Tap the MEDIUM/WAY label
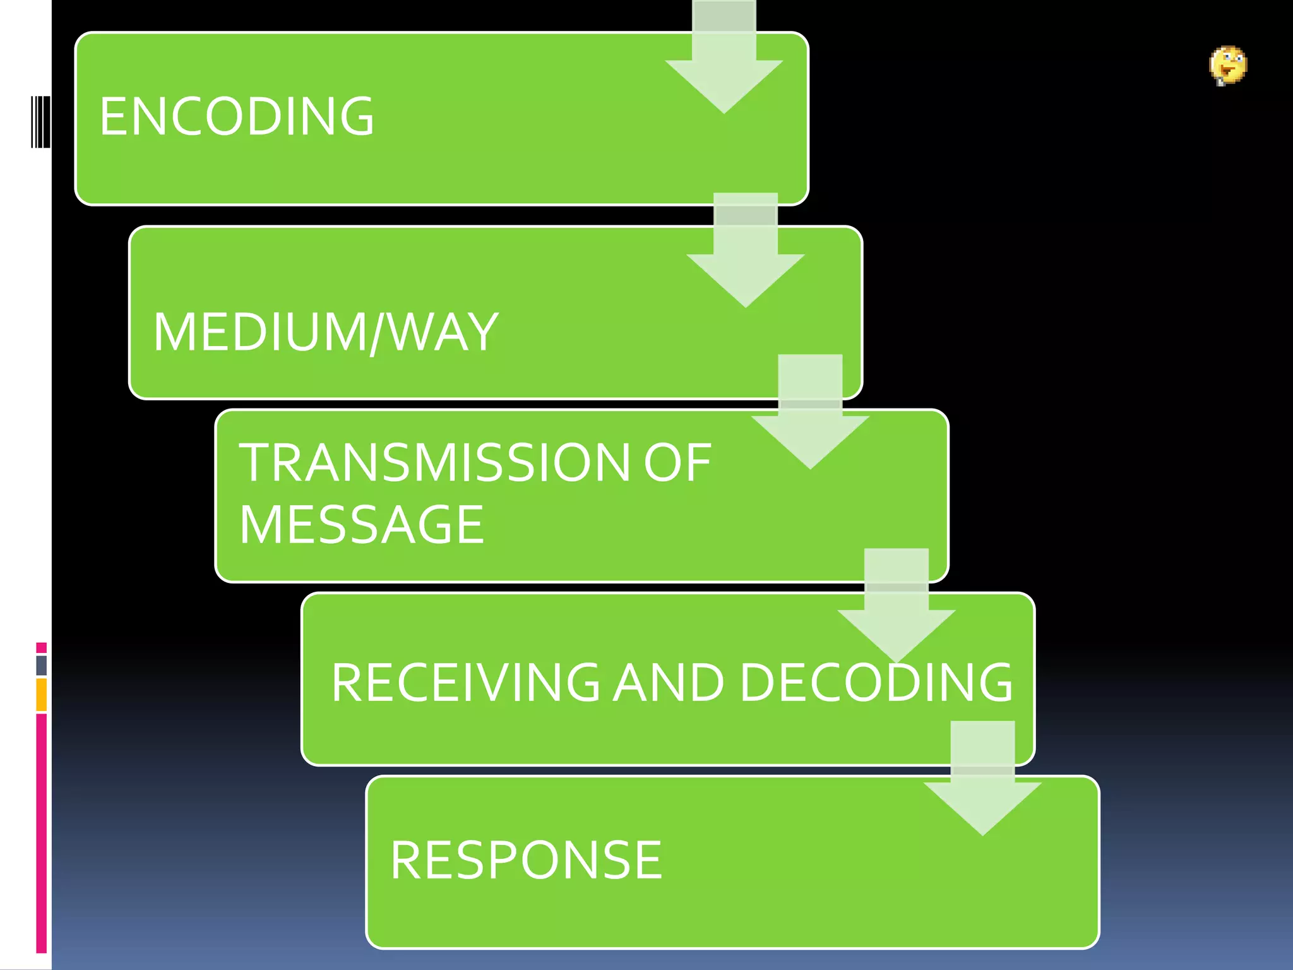click(326, 332)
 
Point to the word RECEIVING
click(465, 683)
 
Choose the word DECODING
click(876, 683)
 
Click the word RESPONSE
click(526, 860)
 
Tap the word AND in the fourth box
click(669, 683)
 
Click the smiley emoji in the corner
click(1228, 65)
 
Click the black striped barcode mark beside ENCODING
click(40, 122)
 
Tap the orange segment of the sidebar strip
click(41, 695)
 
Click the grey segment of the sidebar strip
click(41, 665)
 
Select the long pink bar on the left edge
click(41, 834)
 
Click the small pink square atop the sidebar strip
click(41, 647)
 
